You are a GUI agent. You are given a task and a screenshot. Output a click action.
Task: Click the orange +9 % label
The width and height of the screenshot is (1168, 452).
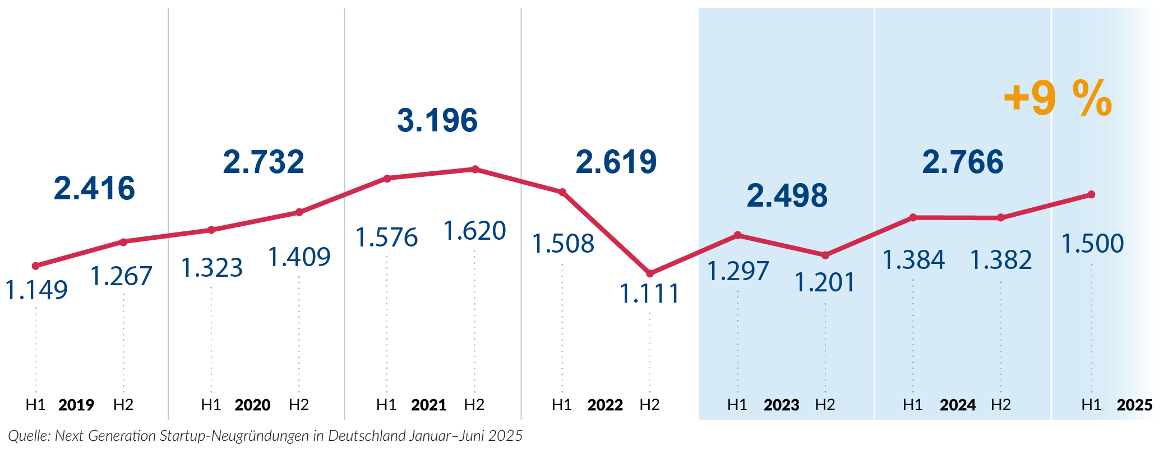pyautogui.click(x=1058, y=99)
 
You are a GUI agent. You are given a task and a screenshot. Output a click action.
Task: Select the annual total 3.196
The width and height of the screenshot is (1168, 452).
pyautogui.click(x=437, y=121)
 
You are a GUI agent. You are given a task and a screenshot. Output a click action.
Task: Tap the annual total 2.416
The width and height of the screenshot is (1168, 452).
pyautogui.click(x=94, y=189)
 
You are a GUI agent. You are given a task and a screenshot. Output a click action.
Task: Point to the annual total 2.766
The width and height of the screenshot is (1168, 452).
pyautogui.click(x=963, y=162)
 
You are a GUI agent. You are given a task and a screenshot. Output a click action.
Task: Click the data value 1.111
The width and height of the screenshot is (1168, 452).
pyautogui.click(x=649, y=294)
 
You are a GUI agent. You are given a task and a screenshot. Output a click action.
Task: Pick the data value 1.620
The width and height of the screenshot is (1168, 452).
pyautogui.click(x=474, y=231)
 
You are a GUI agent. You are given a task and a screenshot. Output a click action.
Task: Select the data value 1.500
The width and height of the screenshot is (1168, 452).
pyautogui.click(x=1092, y=244)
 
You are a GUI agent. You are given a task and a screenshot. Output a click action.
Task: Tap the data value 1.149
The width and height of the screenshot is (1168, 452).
pyautogui.click(x=36, y=290)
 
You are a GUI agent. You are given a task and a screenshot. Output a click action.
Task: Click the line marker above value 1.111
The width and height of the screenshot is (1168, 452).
pyautogui.click(x=650, y=273)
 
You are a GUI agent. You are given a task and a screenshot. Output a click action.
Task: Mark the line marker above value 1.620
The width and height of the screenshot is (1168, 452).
pyautogui.click(x=475, y=169)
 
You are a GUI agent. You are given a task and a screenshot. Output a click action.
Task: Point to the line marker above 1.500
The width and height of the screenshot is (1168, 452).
pyautogui.click(x=1091, y=195)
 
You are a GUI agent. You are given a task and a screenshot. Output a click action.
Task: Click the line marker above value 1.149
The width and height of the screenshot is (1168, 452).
pyautogui.click(x=36, y=266)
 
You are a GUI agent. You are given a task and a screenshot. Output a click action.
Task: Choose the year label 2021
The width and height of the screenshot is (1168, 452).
pyautogui.click(x=428, y=405)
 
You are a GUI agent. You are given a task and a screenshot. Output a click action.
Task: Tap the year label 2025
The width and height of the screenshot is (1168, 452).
pyautogui.click(x=1134, y=405)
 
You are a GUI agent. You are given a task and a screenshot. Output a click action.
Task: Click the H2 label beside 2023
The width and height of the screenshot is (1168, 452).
pyautogui.click(x=825, y=405)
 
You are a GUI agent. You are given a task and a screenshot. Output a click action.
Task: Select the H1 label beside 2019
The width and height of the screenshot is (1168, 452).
pyautogui.click(x=35, y=405)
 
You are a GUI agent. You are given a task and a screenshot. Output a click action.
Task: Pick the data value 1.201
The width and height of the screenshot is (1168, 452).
pyautogui.click(x=824, y=282)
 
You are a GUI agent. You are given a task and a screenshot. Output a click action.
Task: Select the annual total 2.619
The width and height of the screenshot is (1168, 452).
pyautogui.click(x=616, y=162)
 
